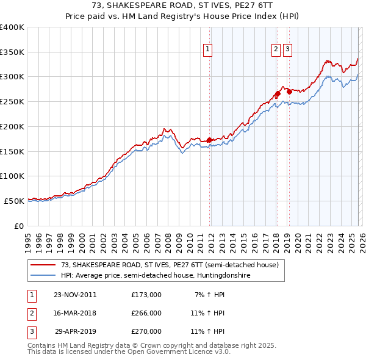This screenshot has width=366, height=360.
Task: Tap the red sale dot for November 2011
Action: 209,140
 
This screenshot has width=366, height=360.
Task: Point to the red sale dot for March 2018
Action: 277,94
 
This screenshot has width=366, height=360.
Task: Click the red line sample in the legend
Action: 43,265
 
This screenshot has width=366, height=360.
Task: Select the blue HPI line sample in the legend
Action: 43,276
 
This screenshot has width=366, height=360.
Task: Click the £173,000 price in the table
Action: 146,295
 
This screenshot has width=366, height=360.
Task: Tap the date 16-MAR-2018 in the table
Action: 75,313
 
